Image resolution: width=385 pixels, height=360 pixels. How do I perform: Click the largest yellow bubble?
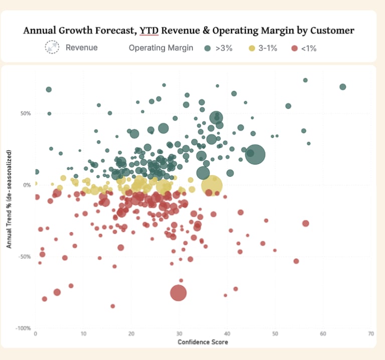point(212,185)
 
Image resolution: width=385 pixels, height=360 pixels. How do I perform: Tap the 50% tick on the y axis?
point(25,113)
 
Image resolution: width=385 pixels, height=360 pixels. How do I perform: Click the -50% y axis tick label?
point(24,257)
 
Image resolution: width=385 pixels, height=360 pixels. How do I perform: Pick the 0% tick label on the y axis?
point(27,185)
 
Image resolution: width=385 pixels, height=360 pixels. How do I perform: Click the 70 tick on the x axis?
point(370,333)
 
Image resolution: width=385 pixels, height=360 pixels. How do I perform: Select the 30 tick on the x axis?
point(179,333)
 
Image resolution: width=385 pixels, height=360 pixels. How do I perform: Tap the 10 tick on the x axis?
point(83,333)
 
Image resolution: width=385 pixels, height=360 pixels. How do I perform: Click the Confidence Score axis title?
point(203,342)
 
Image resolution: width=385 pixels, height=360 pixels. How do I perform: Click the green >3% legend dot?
point(208,48)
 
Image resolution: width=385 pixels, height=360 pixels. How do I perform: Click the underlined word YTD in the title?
point(148,31)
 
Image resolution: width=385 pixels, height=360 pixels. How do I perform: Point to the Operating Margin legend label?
point(161,48)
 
